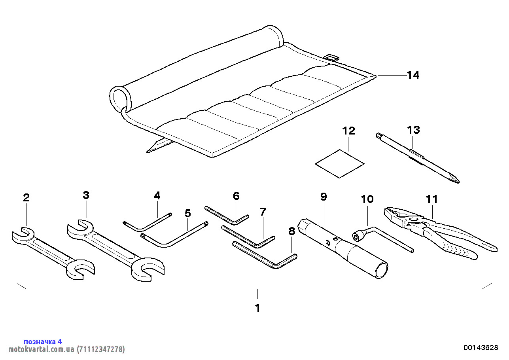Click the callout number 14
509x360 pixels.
click(413, 75)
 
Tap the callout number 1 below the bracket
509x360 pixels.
click(257, 308)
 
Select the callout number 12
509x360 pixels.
click(349, 131)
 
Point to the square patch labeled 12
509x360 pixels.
click(339, 163)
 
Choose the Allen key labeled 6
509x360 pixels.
click(225, 216)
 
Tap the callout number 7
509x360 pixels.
click(263, 212)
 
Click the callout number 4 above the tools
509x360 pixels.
click(157, 195)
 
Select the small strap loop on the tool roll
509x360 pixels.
click(331, 57)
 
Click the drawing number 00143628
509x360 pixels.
click(481, 348)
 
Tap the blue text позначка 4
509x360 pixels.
click(43, 341)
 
